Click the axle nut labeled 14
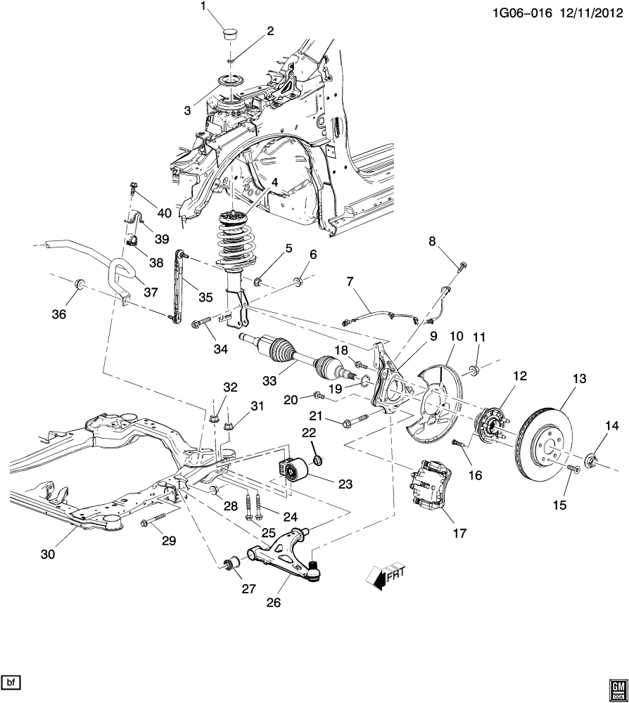[590, 462]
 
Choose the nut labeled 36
[80, 285]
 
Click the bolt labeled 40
[133, 187]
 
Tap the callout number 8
[433, 242]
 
